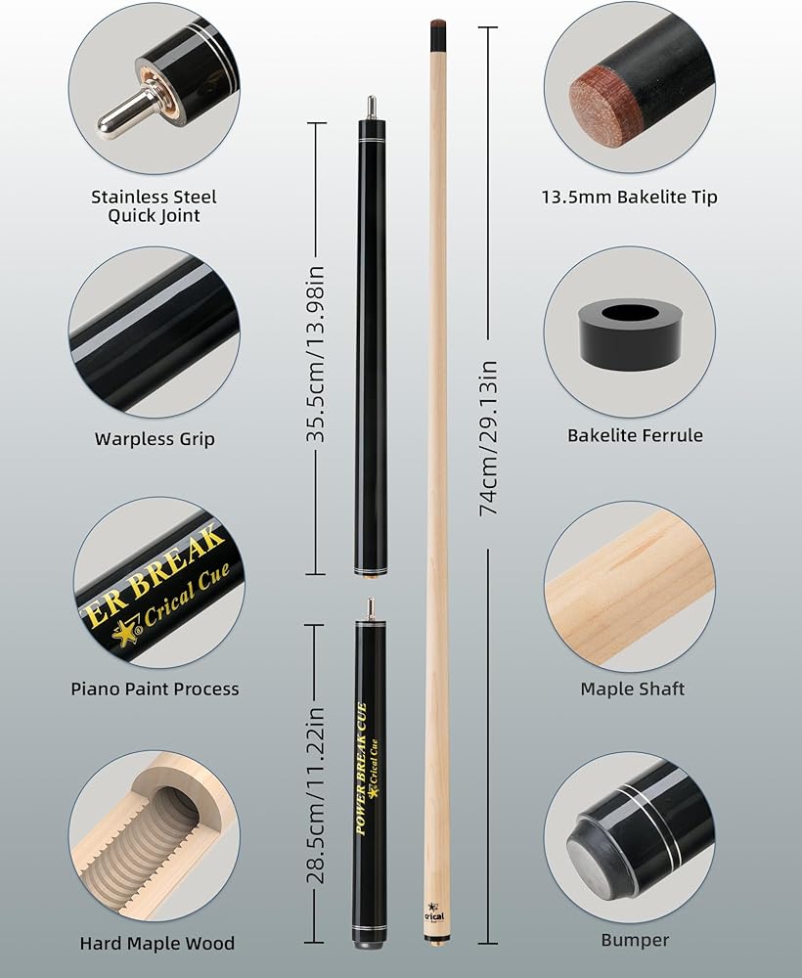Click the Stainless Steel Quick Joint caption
[154, 205]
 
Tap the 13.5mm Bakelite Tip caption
[629, 198]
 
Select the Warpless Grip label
[155, 438]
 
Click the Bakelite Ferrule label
[635, 435]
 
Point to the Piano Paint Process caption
[155, 689]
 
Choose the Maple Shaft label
[633, 689]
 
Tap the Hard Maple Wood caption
[157, 943]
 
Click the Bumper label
[635, 940]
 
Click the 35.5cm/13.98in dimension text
[316, 354]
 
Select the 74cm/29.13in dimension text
[488, 438]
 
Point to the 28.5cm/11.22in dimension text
[316, 795]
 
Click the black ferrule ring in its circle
[629, 333]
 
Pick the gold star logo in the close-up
[123, 635]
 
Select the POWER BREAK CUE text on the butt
[361, 769]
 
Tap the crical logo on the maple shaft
[434, 912]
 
